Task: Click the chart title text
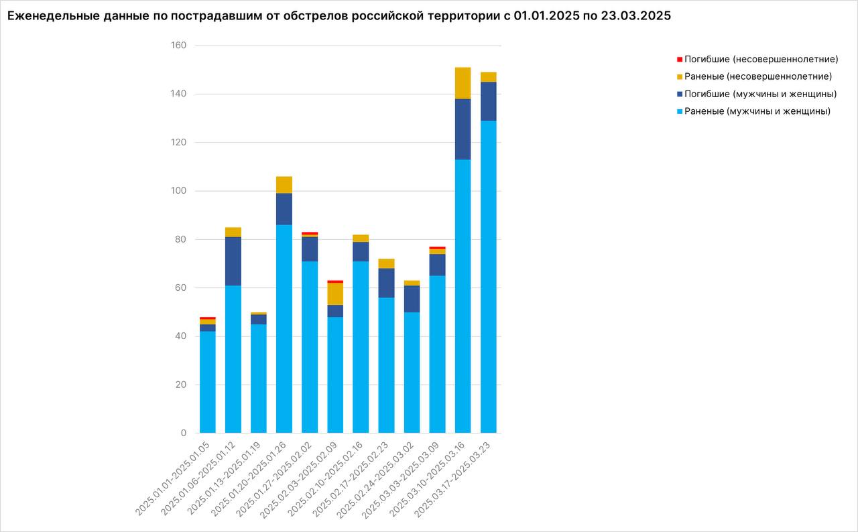[x=339, y=17]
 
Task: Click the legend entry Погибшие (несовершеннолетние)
[x=761, y=59]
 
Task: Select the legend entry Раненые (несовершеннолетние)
[x=758, y=76]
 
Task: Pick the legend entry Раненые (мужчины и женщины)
[x=757, y=111]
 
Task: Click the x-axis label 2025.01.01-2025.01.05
[x=173, y=476]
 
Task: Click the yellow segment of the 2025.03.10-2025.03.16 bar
[x=463, y=83]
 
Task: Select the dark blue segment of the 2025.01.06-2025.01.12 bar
[x=233, y=261]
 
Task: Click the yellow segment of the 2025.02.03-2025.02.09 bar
[x=335, y=294]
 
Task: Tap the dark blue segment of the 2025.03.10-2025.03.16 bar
[x=463, y=129]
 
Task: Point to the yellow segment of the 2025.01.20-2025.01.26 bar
[x=284, y=185]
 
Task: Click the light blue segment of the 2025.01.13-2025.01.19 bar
[x=259, y=379]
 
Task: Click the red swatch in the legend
[x=680, y=59]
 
